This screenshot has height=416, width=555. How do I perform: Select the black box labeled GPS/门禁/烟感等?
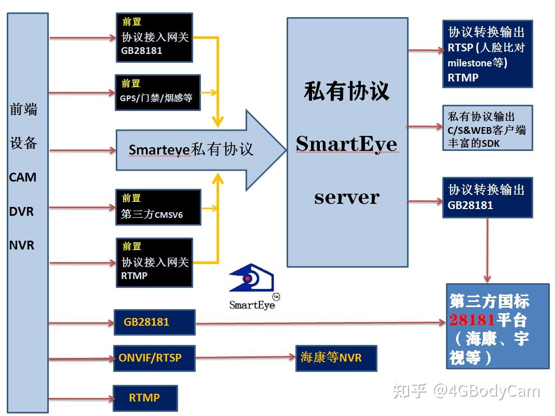pos(158,91)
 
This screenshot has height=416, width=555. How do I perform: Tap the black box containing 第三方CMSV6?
pos(158,207)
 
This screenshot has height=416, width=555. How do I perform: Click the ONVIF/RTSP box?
pos(154,358)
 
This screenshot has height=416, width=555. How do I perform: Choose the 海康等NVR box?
pos(336,358)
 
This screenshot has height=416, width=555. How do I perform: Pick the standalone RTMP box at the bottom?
pos(145,398)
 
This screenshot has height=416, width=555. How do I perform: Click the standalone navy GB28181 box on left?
pos(154,322)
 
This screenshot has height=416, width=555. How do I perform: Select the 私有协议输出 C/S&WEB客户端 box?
pos(488,128)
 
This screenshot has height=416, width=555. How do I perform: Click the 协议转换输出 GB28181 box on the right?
pos(488,198)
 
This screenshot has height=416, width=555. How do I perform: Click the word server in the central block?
pos(346,197)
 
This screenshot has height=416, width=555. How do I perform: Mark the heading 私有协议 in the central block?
pos(346,91)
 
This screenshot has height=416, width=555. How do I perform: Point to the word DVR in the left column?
pos(22,211)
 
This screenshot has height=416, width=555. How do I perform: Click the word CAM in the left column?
pos(23,177)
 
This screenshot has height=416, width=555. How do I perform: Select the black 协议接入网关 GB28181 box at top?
pos(154,37)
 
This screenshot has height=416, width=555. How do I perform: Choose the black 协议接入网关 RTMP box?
pos(154,262)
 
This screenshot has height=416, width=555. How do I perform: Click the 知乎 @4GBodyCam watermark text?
pos(466,391)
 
